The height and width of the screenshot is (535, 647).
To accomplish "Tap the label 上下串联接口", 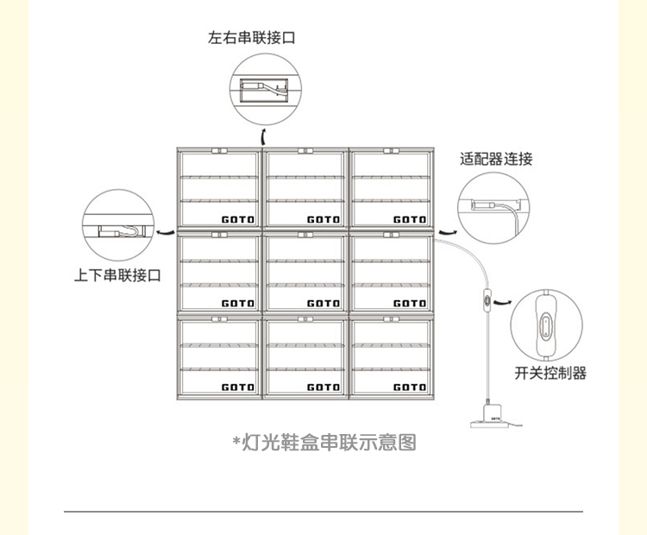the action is [117, 276].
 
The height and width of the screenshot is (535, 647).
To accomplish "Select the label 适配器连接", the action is [497, 159].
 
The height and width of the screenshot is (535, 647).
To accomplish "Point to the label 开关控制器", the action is [550, 373].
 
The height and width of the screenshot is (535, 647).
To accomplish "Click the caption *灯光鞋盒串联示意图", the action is [324, 444].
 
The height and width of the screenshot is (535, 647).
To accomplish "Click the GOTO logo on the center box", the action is [323, 303].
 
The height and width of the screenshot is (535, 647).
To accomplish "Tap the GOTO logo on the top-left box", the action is [238, 219].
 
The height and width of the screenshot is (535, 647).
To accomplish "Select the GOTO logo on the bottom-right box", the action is [410, 387].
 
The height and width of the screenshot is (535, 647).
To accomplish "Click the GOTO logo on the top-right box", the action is [410, 219].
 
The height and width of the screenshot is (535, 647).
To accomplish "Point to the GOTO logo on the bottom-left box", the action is [238, 387].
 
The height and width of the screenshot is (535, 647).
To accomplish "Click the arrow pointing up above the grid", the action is [263, 136].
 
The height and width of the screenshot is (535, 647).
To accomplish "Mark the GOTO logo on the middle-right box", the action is [410, 303].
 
